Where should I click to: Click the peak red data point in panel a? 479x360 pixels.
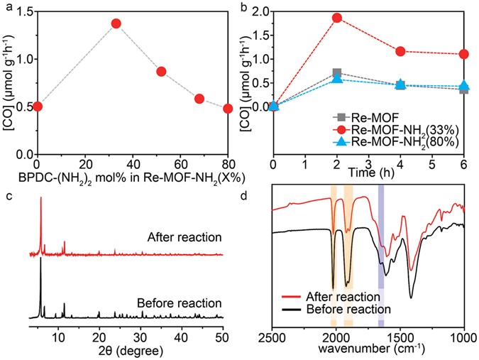[116, 23]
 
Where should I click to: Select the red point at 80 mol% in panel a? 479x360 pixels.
[228, 109]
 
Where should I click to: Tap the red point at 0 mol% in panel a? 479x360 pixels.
[38, 107]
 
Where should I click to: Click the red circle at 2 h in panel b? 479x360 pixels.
[337, 18]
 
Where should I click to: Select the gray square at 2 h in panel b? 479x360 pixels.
[337, 73]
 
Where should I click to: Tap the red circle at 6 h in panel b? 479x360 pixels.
[464, 54]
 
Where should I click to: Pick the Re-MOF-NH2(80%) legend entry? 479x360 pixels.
[395, 143]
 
